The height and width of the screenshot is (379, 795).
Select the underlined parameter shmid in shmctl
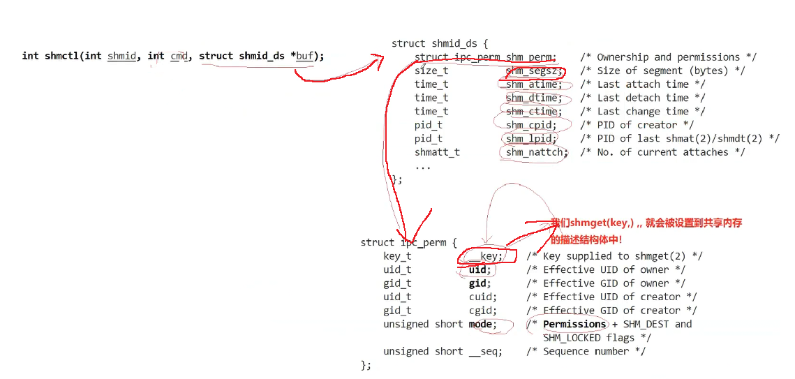click(x=121, y=56)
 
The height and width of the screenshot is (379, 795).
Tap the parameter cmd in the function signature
click(x=179, y=56)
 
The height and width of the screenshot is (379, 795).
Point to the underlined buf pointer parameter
click(x=304, y=56)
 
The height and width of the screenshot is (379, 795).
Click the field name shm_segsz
click(x=534, y=70)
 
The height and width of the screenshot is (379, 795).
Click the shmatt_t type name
click(x=437, y=152)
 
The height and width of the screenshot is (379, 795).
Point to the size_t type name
click(x=431, y=70)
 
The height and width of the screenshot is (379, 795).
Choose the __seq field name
click(x=485, y=352)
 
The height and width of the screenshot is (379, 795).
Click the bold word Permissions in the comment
click(x=574, y=325)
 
